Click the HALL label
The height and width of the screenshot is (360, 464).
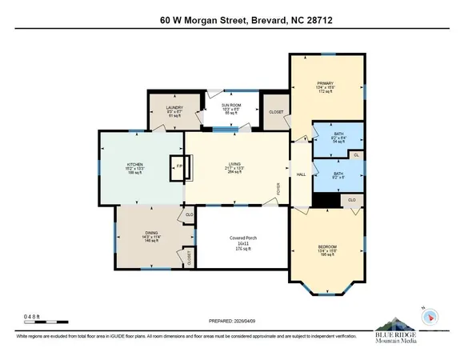302,174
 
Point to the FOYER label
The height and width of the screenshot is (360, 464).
279,190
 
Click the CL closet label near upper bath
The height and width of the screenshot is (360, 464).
356,154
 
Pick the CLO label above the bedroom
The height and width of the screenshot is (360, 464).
352,199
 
